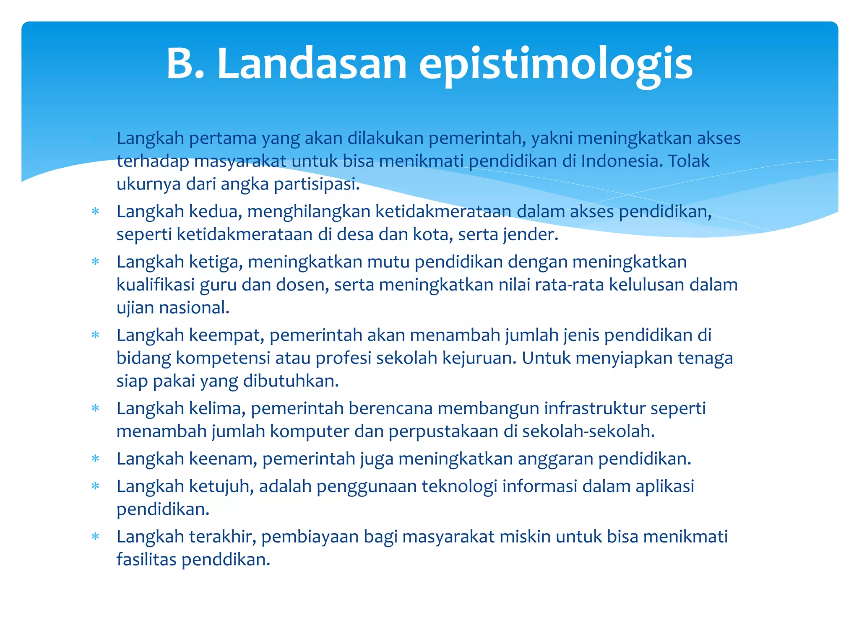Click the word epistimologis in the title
(555, 65)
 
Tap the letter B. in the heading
(185, 64)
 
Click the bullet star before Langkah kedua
(96, 211)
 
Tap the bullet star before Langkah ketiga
(96, 262)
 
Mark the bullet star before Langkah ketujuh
(96, 486)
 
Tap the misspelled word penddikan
(226, 560)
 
